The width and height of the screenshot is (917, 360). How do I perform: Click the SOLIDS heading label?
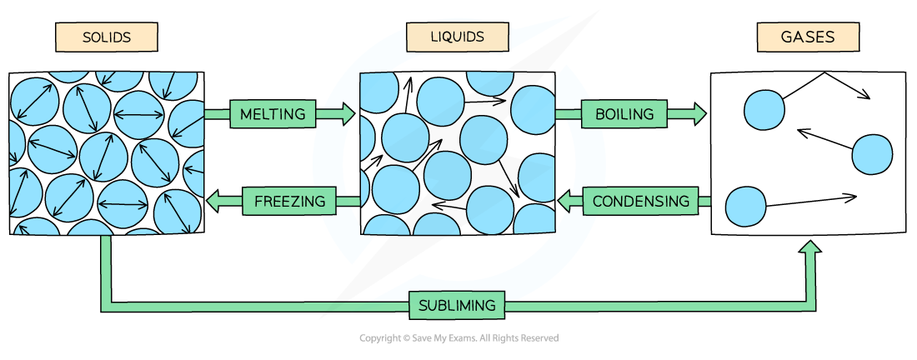(x=106, y=37)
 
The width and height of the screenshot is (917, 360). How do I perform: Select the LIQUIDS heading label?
(x=457, y=37)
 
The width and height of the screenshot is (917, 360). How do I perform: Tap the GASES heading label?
(x=807, y=37)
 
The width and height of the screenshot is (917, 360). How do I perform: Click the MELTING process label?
(x=273, y=114)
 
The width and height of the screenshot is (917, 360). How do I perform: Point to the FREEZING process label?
(x=289, y=201)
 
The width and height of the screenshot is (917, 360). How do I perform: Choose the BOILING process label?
(x=624, y=114)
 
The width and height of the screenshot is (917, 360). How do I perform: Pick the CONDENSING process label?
(x=640, y=201)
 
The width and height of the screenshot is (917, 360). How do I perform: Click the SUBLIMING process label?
(x=458, y=305)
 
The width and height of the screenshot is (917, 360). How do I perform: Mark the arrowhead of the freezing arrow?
(x=213, y=201)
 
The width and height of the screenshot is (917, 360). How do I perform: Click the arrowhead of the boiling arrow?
(x=699, y=114)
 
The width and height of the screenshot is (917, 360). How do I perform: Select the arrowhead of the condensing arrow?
(x=564, y=201)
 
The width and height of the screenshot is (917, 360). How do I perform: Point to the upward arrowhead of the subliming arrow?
(x=809, y=247)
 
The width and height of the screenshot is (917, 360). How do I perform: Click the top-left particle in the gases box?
(x=764, y=110)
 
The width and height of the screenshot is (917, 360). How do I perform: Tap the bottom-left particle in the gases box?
(x=745, y=207)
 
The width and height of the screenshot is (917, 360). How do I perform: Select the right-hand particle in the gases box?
(x=872, y=154)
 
